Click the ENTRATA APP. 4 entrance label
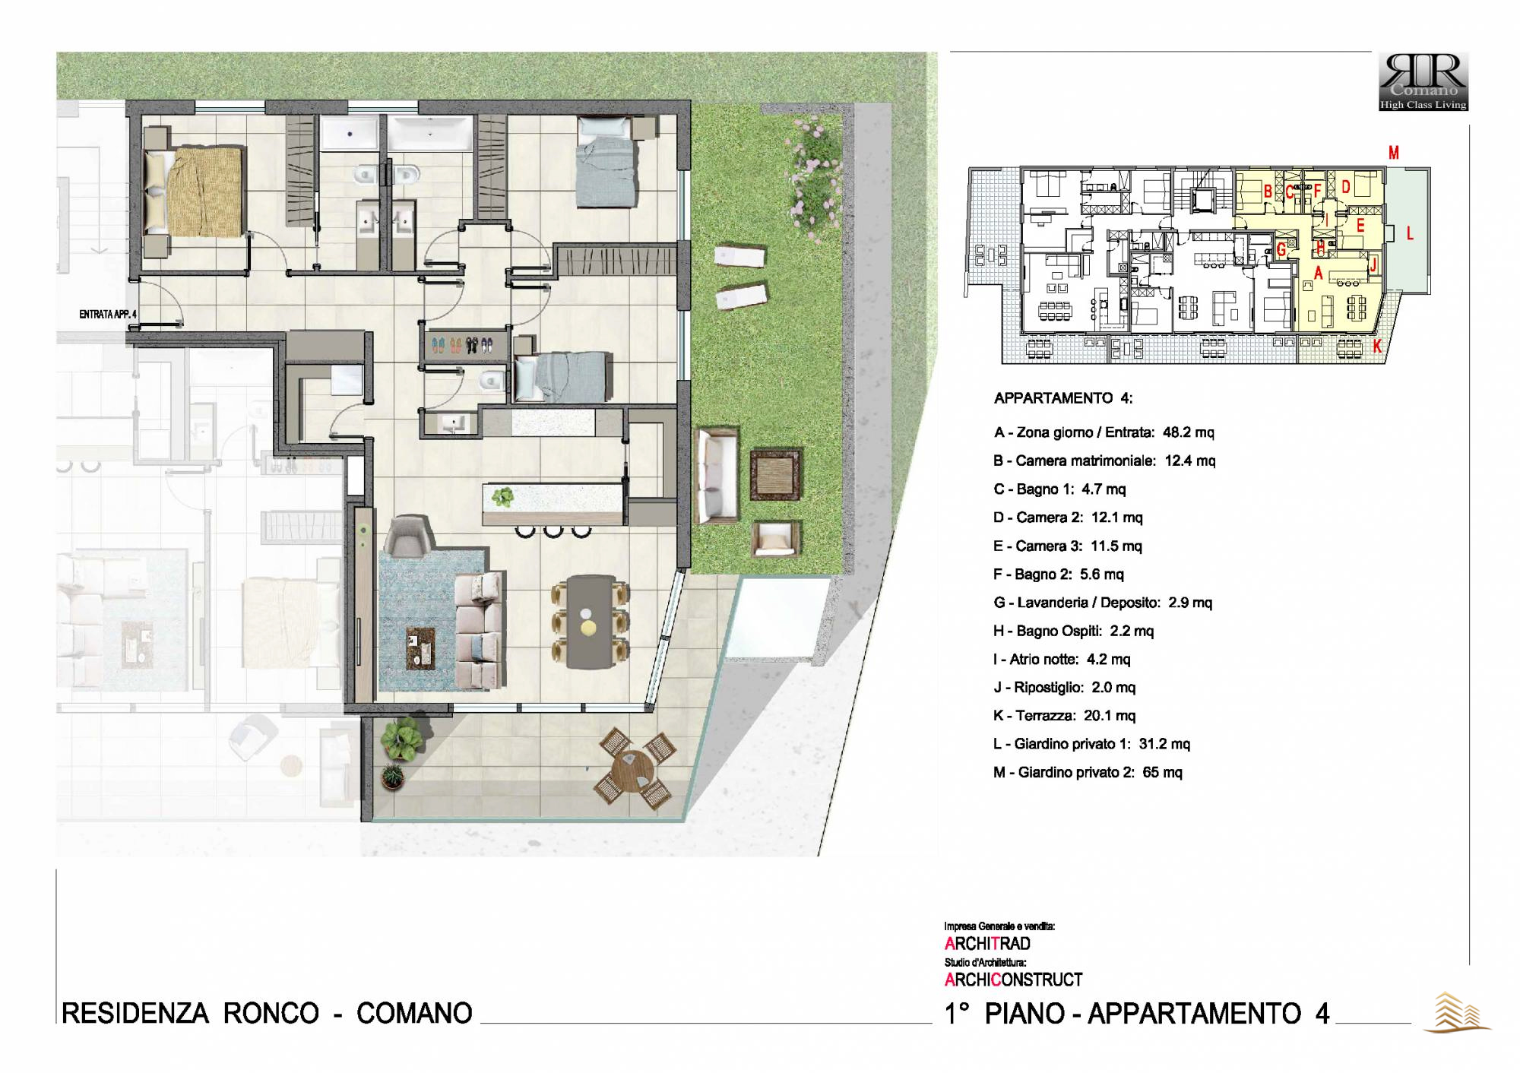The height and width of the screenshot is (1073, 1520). point(108,315)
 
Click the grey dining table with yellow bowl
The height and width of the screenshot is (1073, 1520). point(591,621)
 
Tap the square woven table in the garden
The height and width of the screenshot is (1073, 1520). point(776,475)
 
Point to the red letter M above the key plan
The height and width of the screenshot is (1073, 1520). point(1394,153)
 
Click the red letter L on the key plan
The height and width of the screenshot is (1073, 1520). point(1410,234)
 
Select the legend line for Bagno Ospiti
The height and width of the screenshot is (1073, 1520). point(1073,631)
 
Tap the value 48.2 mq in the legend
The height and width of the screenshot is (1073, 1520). point(1188,432)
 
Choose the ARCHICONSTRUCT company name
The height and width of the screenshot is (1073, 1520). point(1013,980)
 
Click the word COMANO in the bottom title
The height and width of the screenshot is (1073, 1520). point(414,1013)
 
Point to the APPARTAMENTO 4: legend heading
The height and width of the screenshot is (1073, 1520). point(1062,398)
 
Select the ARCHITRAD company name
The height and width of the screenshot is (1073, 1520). point(987,944)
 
